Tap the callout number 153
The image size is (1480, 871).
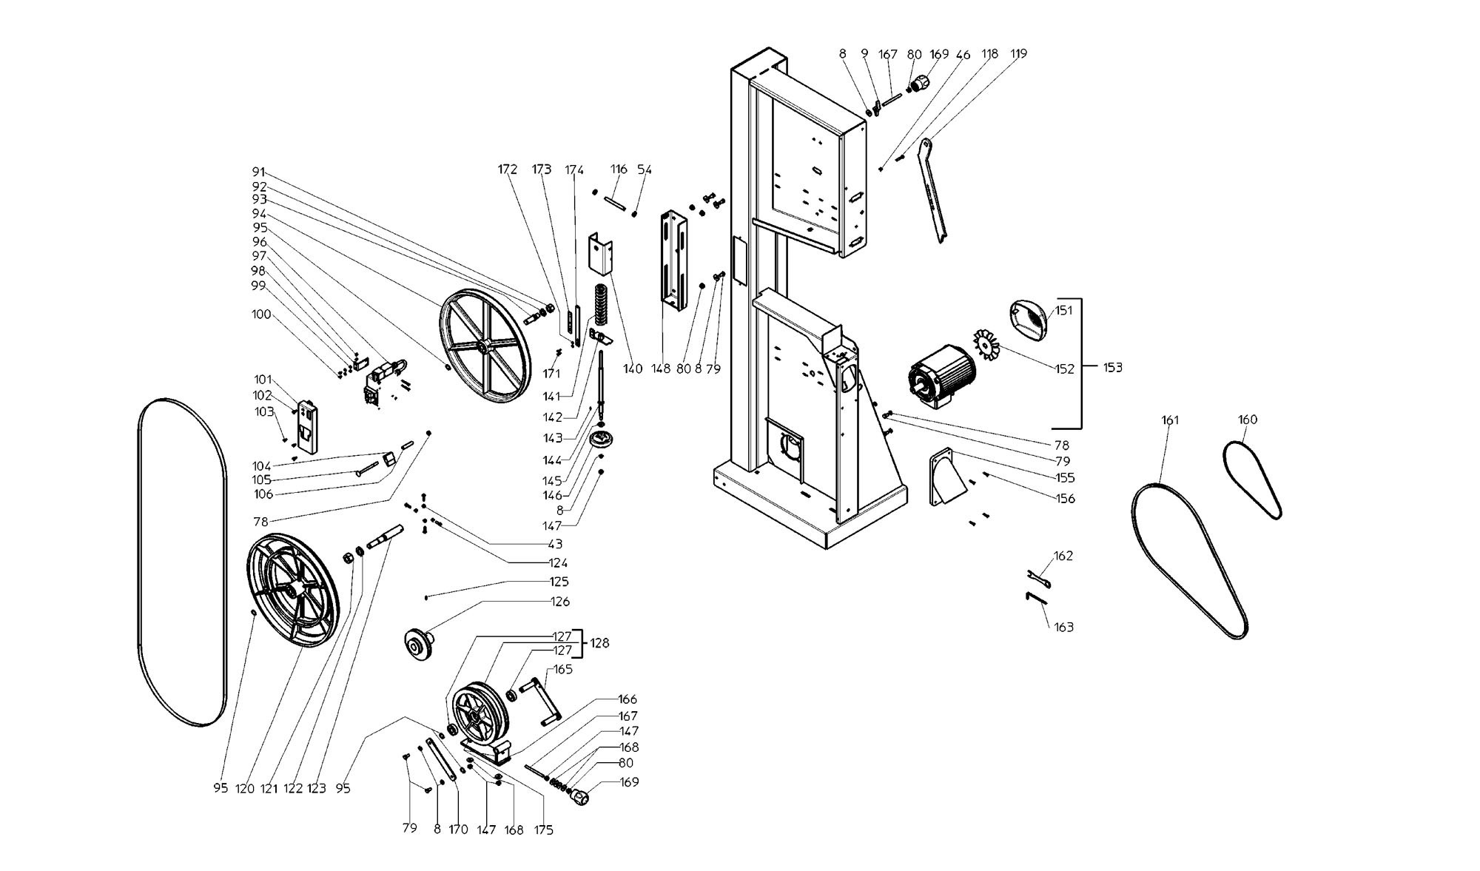coord(1111,367)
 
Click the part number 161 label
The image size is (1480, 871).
coord(1169,420)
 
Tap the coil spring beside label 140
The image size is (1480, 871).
coord(599,303)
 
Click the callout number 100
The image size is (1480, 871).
coord(261,315)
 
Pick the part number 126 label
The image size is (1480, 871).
coord(560,602)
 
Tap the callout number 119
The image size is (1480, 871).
coord(1018,54)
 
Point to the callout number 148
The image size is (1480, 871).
coord(661,369)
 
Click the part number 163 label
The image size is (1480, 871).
coord(1063,628)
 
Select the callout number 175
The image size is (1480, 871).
coord(543,830)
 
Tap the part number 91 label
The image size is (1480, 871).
coord(258,172)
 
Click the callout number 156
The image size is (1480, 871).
coord(1064,499)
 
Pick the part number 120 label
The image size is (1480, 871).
coord(244,788)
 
